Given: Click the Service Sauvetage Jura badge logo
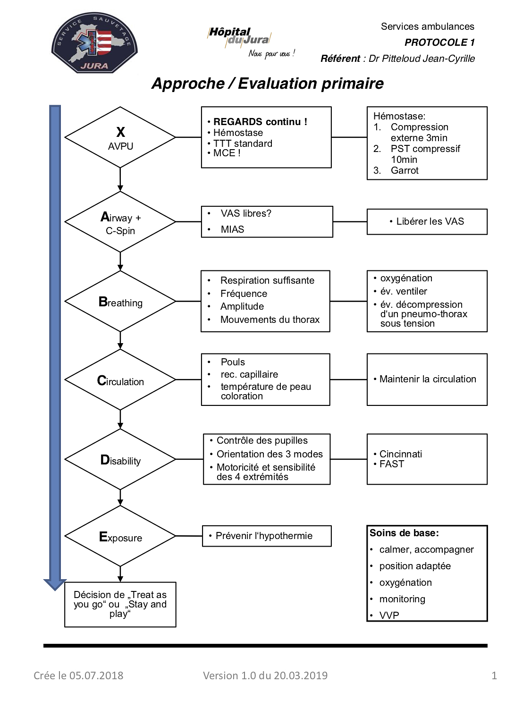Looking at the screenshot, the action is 94,43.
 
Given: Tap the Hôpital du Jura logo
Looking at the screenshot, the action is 251,42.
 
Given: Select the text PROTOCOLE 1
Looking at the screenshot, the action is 439,42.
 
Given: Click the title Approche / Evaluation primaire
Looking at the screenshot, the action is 268,84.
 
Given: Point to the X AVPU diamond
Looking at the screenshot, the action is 120,137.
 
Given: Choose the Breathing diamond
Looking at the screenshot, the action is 120,301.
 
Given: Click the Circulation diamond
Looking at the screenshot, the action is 120,379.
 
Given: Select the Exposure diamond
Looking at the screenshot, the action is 120,536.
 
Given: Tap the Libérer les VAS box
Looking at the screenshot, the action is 427,221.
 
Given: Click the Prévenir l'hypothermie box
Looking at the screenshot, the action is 267,536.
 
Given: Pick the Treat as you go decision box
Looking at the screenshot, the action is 120,605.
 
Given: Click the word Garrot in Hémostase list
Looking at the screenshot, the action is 405,170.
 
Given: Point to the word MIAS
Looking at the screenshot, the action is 232,229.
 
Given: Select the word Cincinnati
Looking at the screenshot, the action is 400,454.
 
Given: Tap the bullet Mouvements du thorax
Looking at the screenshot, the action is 270,320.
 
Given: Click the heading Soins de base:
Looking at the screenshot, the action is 405,533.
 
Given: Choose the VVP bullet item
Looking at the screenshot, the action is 389,615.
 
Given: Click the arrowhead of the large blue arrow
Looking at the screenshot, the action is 55,585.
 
